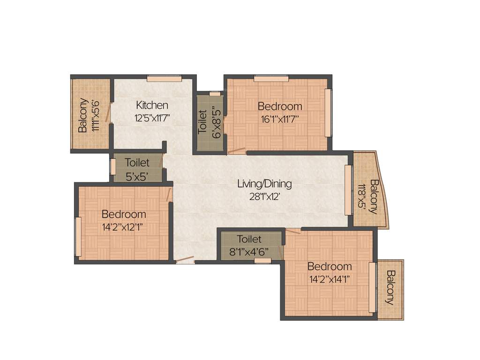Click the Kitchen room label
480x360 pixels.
[x=152, y=105]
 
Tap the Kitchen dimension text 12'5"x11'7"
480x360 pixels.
[x=152, y=118]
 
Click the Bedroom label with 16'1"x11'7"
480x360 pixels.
[x=280, y=106]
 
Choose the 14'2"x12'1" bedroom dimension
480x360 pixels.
[x=124, y=227]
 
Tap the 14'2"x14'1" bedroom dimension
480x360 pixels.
[x=329, y=279]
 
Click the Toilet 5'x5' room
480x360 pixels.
[x=137, y=169]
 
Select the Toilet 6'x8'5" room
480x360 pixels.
[x=210, y=123]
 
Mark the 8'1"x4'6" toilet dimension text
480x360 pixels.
[x=249, y=251]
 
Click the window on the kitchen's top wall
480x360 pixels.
[x=164, y=78]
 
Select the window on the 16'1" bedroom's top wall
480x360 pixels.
[x=271, y=78]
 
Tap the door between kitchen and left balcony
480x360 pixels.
[x=108, y=112]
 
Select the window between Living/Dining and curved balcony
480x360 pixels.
[x=348, y=190]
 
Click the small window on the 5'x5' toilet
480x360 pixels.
[x=113, y=167]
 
